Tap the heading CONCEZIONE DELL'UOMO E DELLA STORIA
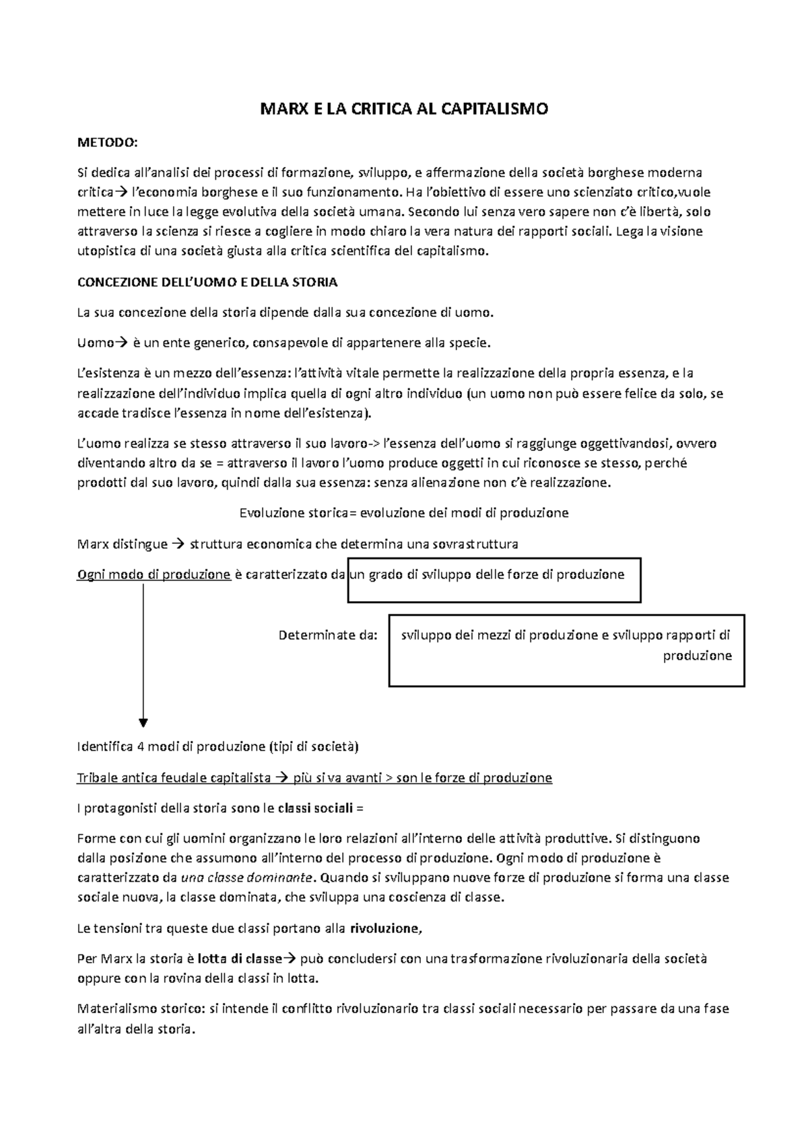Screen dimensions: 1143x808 pos(207,283)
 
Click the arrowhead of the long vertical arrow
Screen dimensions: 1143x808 pos(143,722)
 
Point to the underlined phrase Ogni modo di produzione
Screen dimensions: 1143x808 pos(154,575)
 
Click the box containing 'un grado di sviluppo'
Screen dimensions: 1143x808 pos(494,580)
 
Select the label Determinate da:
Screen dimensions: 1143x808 pos(328,635)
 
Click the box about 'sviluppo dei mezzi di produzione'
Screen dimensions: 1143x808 pos(566,650)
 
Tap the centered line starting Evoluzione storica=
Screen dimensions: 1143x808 pos(404,513)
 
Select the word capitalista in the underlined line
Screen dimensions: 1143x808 pos(241,778)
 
